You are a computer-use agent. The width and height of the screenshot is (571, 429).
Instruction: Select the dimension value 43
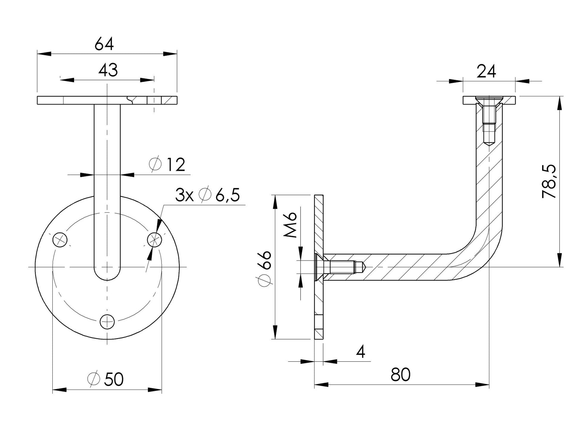(108, 70)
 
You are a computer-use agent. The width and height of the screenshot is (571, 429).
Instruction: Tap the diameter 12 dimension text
(167, 165)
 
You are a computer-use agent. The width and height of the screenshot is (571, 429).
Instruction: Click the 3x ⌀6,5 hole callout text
(208, 196)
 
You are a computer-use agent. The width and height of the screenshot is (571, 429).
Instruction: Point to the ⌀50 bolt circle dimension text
(105, 379)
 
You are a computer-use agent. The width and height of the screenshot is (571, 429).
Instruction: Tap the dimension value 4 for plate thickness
(361, 352)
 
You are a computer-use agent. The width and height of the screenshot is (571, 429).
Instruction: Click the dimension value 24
(486, 72)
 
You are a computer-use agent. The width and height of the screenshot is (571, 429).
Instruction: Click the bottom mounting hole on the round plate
(107, 321)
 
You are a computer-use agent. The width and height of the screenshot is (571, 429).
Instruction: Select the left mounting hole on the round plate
(60, 240)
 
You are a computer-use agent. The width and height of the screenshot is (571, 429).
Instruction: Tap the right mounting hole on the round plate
(155, 240)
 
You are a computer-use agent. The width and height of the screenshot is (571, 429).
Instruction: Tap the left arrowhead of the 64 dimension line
(44, 54)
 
